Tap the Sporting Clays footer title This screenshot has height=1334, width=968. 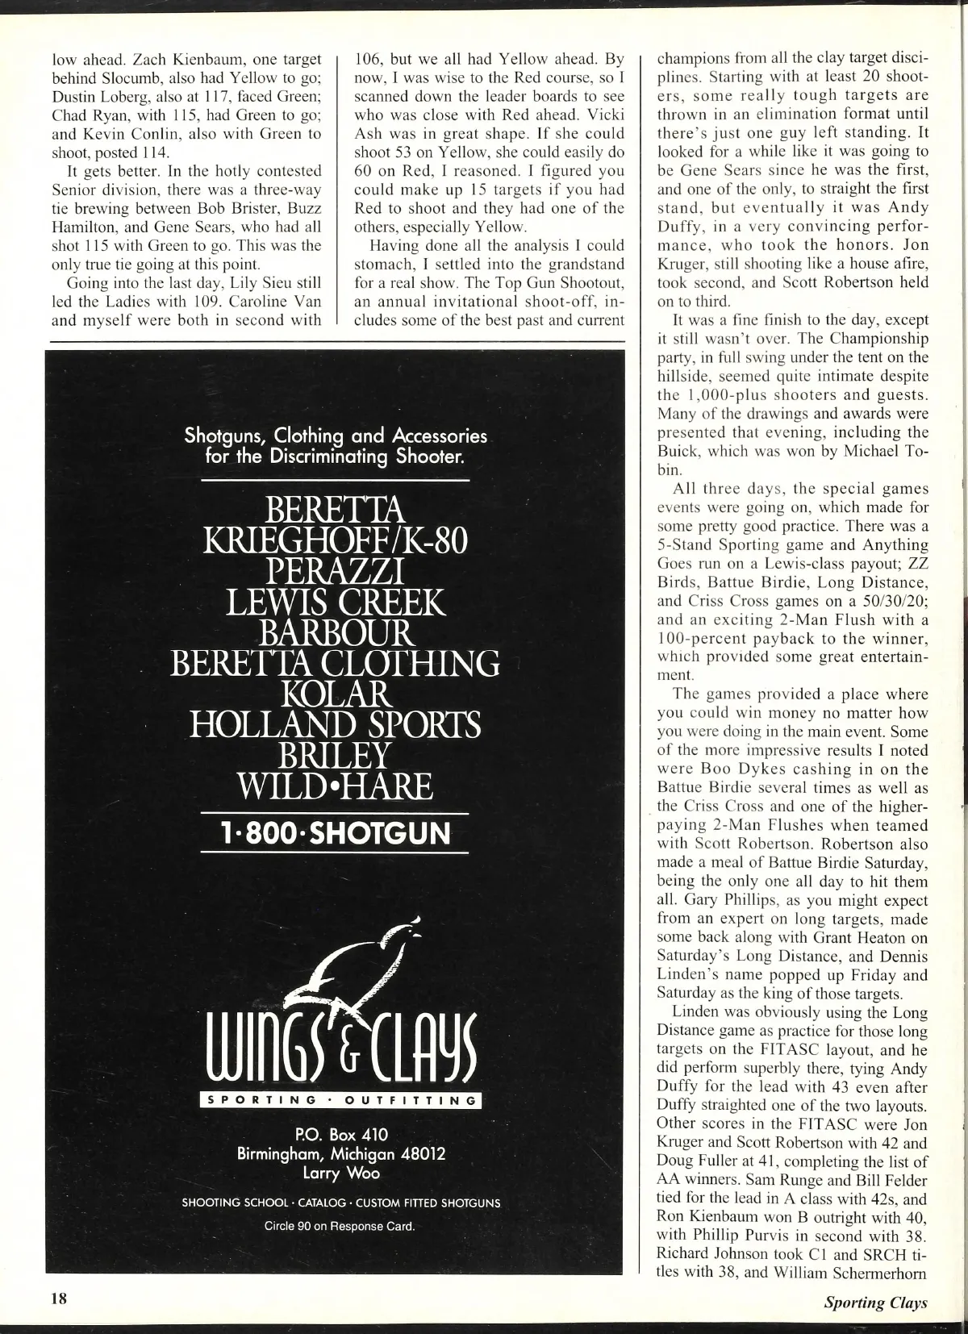click(x=875, y=1301)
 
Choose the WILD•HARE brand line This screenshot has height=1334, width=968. click(x=335, y=786)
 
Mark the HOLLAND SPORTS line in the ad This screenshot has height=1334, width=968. click(x=335, y=724)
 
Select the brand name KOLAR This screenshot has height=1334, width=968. click(x=335, y=694)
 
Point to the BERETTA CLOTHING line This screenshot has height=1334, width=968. click(x=335, y=663)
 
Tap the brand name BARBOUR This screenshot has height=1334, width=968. click(x=335, y=632)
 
